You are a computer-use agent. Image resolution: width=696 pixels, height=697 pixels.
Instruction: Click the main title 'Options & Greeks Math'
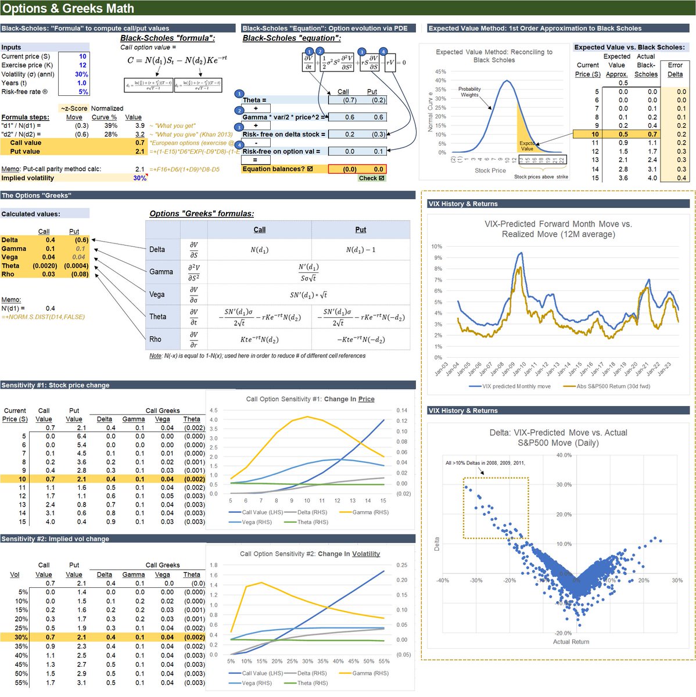pos(69,8)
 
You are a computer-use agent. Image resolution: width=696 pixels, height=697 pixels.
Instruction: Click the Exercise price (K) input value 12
pos(82,65)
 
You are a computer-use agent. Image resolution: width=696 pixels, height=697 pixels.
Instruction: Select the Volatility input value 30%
pos(81,74)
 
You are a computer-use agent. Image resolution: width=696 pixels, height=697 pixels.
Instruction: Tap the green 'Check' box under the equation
pos(371,178)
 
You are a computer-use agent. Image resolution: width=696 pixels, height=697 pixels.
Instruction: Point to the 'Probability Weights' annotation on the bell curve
pos(469,92)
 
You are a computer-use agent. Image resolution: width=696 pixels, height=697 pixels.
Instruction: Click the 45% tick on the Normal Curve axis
pos(440,72)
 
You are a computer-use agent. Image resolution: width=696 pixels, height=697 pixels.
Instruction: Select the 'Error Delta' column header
pos(675,70)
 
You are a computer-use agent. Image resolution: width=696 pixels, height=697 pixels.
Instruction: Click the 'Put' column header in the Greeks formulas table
pos(360,230)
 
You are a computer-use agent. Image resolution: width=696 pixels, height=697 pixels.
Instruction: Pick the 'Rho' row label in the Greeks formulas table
pos(156,339)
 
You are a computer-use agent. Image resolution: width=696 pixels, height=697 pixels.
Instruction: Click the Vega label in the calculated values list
pos(10,257)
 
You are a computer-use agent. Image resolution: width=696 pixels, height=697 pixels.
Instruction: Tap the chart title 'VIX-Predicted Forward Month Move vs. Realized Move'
pos(558,229)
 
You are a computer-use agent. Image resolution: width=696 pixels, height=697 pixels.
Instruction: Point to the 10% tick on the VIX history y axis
pos(436,247)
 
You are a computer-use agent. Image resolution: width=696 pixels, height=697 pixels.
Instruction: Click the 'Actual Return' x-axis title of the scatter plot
pos(571,642)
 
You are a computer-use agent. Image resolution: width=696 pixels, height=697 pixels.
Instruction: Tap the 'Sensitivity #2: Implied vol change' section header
pos(55,539)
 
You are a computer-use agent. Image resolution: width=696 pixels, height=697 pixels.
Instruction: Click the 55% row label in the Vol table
pos(21,683)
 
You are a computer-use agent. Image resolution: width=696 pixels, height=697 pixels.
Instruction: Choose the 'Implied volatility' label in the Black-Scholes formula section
pos(27,178)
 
